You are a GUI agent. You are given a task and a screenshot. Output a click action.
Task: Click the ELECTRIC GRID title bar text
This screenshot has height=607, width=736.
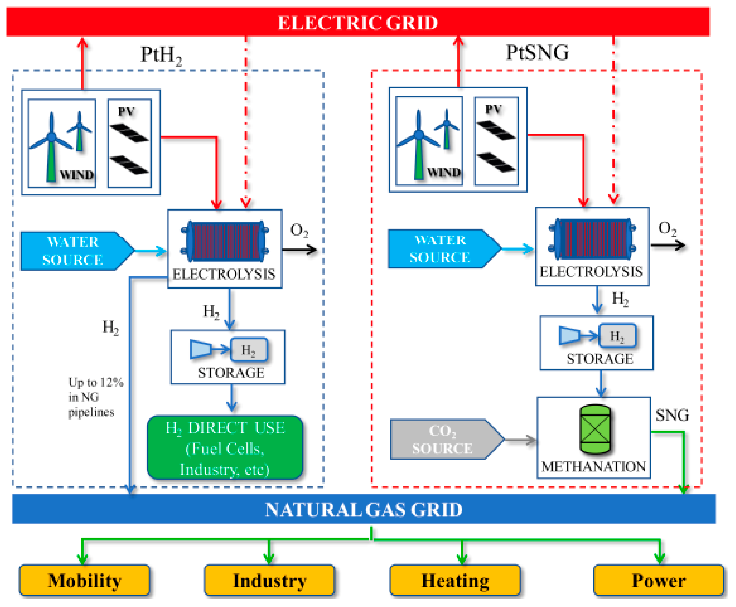[x=358, y=23]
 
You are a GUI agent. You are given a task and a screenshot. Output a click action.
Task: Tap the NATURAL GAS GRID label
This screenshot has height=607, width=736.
[x=363, y=509]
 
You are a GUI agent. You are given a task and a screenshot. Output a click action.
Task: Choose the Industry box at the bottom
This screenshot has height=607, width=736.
[x=269, y=581]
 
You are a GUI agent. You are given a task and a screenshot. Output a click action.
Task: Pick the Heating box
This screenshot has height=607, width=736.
[x=455, y=581]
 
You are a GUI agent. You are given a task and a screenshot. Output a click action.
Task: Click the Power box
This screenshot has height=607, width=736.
[x=658, y=581]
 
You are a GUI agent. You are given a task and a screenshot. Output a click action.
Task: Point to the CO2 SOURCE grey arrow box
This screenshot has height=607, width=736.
[x=444, y=439]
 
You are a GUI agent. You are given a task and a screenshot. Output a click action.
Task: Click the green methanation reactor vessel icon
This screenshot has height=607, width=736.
[x=595, y=429]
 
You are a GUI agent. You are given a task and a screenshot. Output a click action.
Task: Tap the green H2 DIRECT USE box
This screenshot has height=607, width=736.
[x=225, y=448]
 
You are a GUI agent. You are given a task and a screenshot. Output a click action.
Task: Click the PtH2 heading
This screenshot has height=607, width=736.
[x=161, y=55]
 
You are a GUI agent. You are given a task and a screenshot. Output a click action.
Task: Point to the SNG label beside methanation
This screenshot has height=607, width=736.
[x=672, y=415]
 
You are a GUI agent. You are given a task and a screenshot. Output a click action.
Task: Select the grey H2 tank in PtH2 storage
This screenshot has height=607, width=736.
[x=249, y=349]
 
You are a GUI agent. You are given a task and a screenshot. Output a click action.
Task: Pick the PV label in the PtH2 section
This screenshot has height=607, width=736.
[x=126, y=112]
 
